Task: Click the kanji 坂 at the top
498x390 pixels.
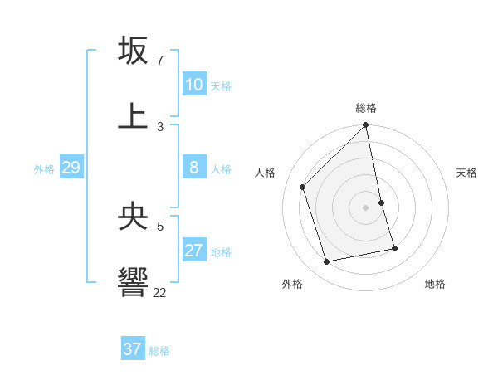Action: pyautogui.click(x=133, y=51)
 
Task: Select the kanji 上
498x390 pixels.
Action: pyautogui.click(x=133, y=115)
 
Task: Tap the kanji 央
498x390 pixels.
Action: pyautogui.click(x=133, y=217)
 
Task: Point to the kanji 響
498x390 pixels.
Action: pyautogui.click(x=133, y=282)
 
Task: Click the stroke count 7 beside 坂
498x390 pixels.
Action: pyautogui.click(x=160, y=61)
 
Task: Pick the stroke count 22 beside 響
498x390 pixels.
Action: pyautogui.click(x=160, y=292)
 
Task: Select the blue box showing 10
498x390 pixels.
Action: pyautogui.click(x=194, y=85)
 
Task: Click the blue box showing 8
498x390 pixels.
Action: pyautogui.click(x=194, y=168)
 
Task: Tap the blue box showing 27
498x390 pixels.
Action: pyautogui.click(x=194, y=251)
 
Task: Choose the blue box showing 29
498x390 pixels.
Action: pyautogui.click(x=71, y=168)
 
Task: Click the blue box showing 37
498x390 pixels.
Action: pyautogui.click(x=133, y=349)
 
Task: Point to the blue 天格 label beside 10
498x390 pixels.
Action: pyautogui.click(x=221, y=86)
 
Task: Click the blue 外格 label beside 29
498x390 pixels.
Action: pyautogui.click(x=44, y=169)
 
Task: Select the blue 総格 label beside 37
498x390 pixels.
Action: pyautogui.click(x=159, y=351)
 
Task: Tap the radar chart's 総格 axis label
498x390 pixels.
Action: pyautogui.click(x=366, y=108)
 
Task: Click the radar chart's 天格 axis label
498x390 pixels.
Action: pyautogui.click(x=466, y=173)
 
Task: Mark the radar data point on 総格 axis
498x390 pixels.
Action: pyautogui.click(x=366, y=125)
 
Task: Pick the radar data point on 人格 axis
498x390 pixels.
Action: pyautogui.click(x=303, y=187)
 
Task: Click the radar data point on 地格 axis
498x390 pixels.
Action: pyautogui.click(x=394, y=248)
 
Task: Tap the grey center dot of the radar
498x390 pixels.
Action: pyautogui.click(x=366, y=207)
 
